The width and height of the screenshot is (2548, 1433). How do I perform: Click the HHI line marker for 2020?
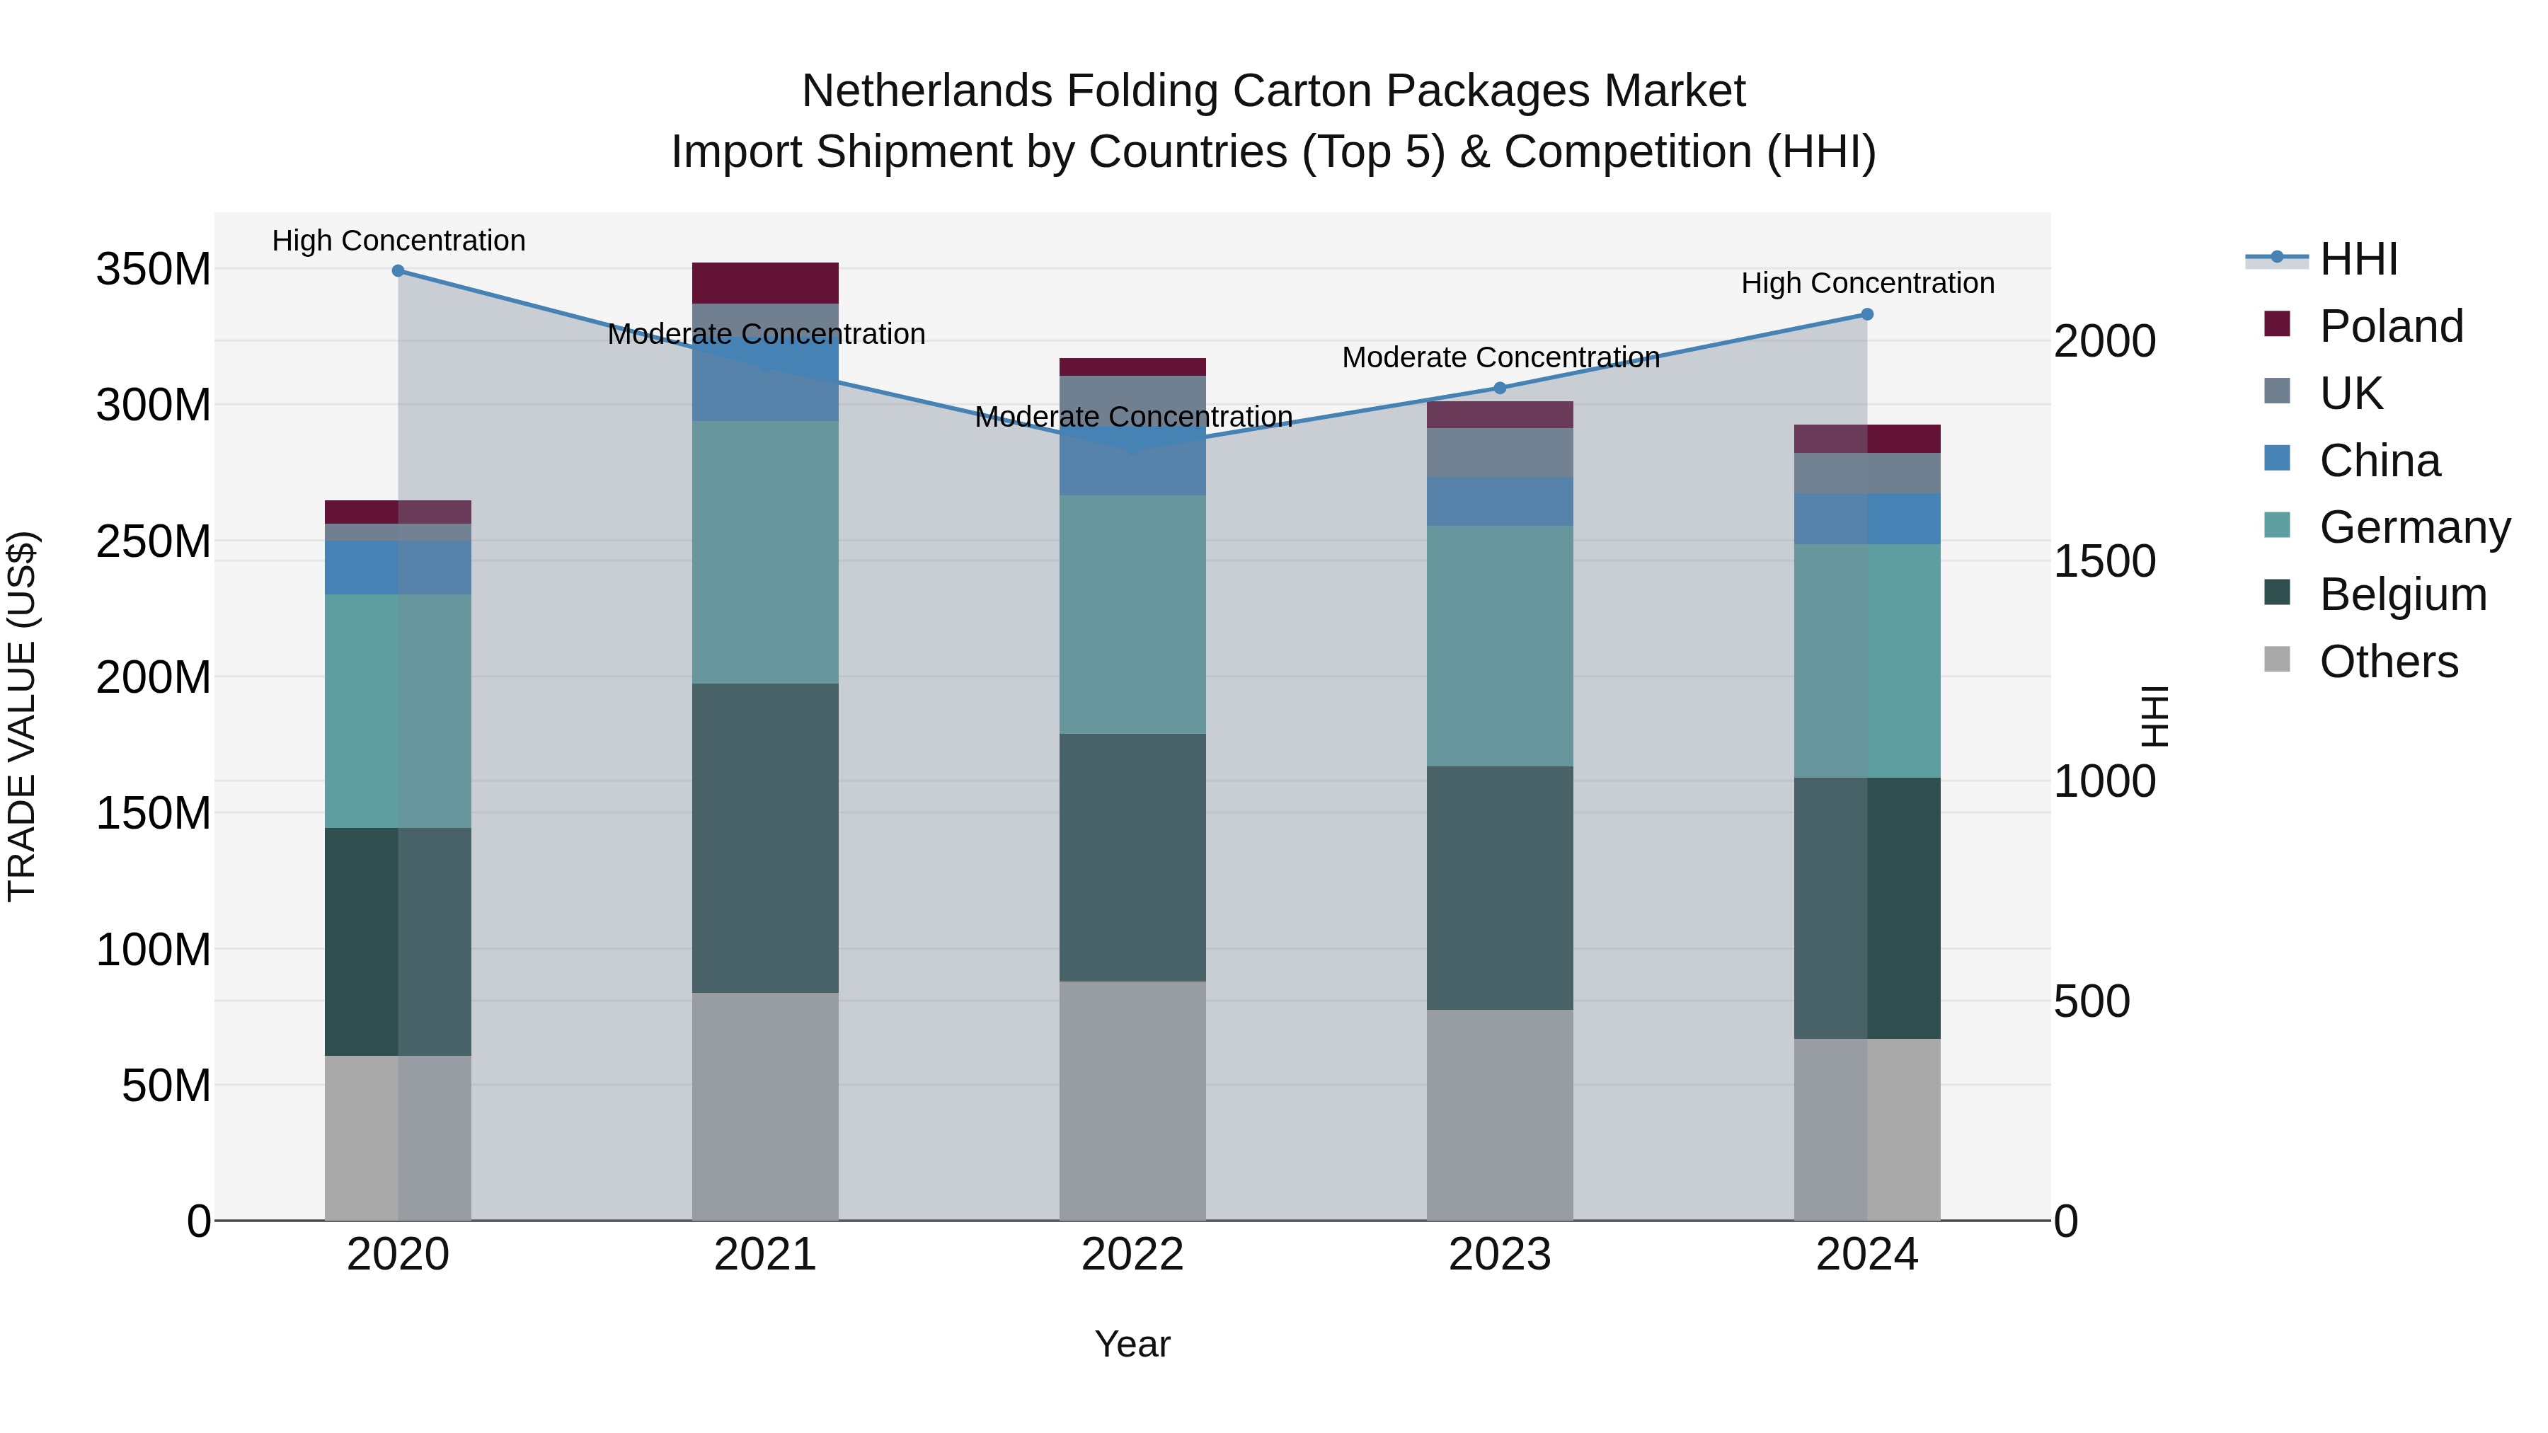coord(398,271)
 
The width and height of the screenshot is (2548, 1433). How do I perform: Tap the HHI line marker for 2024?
coord(1866,314)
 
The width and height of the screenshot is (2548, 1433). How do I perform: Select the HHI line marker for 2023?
coord(1500,388)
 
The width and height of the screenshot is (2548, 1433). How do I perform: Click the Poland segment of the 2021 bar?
coord(764,283)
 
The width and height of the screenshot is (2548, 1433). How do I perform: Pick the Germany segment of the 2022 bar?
coord(1132,614)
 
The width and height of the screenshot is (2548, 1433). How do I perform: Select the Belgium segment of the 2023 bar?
coord(1500,887)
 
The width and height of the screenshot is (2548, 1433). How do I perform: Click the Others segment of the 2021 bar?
coord(764,1105)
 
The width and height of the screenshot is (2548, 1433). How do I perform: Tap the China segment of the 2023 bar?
coord(1500,502)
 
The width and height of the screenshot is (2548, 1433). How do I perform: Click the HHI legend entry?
coord(2358,259)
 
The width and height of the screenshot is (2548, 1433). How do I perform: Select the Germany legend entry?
coord(2414,527)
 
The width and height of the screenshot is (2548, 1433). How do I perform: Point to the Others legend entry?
coord(2388,662)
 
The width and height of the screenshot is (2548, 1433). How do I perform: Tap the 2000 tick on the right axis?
coord(2104,341)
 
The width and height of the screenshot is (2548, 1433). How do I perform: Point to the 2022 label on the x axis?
coord(1132,1255)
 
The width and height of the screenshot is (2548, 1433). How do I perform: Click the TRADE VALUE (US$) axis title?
coord(22,716)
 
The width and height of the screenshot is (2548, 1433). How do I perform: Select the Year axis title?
coord(1132,1344)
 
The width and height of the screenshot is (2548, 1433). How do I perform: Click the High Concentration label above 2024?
coord(1866,283)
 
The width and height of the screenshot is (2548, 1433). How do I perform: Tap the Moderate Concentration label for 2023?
coord(1500,357)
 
